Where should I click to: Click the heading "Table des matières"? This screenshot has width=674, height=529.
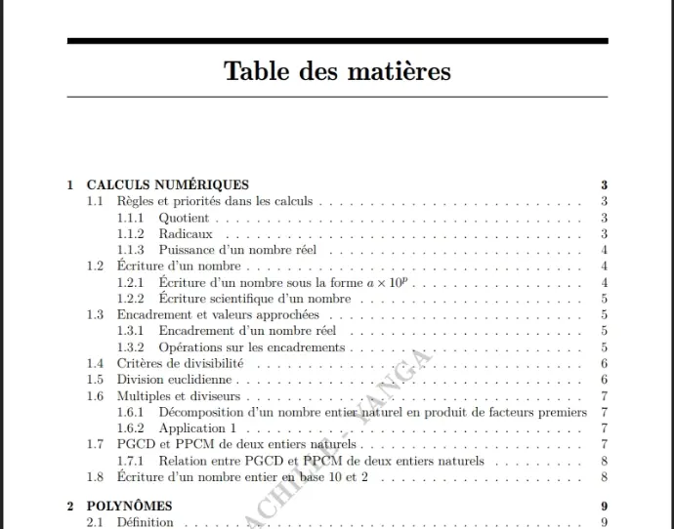(x=337, y=71)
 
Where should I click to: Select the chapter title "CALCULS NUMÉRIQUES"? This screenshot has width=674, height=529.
(x=168, y=184)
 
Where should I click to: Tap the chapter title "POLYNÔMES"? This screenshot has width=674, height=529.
(x=130, y=506)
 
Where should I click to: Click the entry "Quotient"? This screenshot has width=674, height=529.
(x=184, y=218)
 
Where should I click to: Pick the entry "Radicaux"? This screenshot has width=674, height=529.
(x=186, y=234)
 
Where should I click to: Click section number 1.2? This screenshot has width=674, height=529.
(x=95, y=265)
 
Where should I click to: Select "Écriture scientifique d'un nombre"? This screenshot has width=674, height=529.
(x=254, y=299)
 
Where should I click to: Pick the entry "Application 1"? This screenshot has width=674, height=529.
(x=197, y=428)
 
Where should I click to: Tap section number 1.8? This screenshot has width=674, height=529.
(x=95, y=477)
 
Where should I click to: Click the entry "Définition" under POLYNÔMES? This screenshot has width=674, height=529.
(x=145, y=522)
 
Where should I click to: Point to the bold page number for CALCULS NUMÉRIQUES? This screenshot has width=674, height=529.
(x=605, y=184)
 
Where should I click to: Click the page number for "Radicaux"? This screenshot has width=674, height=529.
(x=605, y=234)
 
